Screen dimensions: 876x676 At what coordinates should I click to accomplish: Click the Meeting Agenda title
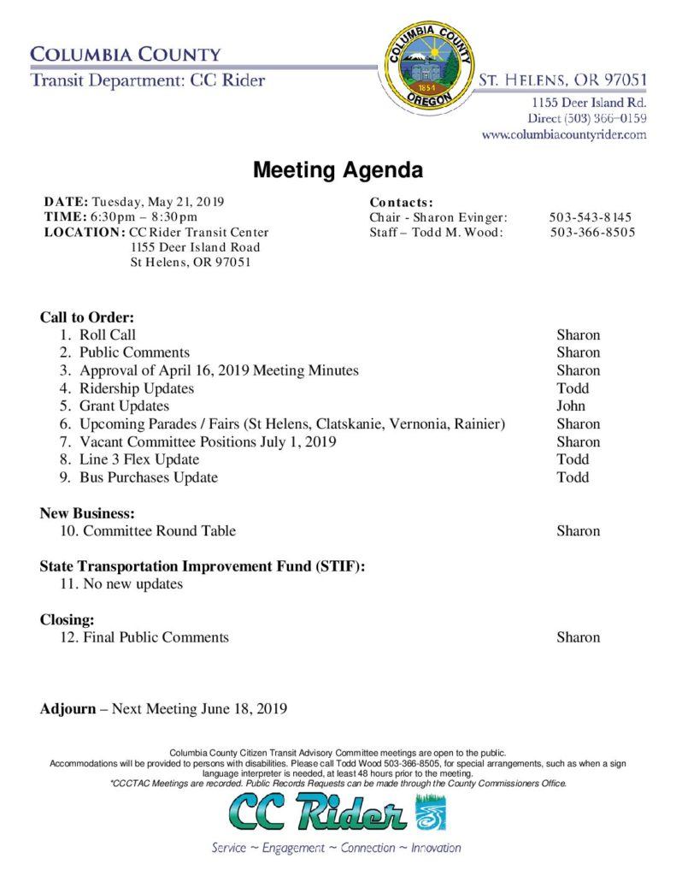pyautogui.click(x=338, y=170)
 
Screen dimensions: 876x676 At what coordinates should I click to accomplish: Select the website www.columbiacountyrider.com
pyautogui.click(x=564, y=134)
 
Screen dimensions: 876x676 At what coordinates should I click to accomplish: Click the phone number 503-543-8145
pyautogui.click(x=591, y=217)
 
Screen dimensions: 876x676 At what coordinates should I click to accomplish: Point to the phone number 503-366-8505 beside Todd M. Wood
pyautogui.click(x=592, y=233)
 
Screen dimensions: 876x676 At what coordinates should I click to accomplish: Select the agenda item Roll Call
pyautogui.click(x=108, y=335)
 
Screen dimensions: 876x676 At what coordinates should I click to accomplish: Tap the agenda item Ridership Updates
pyautogui.click(x=137, y=388)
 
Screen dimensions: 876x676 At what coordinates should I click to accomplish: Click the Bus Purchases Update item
pyautogui.click(x=149, y=477)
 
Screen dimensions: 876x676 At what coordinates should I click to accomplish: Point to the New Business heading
pyautogui.click(x=87, y=513)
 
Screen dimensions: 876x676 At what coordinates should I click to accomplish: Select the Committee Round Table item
pyautogui.click(x=159, y=531)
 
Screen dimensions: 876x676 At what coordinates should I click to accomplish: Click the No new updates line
pyautogui.click(x=132, y=584)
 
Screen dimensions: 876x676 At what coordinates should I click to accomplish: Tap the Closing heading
pyautogui.click(x=67, y=619)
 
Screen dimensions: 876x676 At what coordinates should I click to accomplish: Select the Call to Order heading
pyautogui.click(x=87, y=317)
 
